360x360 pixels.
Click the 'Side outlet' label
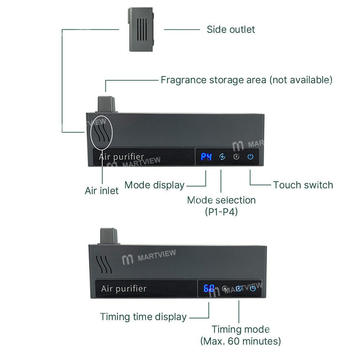point(230,29)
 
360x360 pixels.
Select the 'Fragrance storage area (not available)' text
point(246,80)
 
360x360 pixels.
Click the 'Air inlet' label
point(102,190)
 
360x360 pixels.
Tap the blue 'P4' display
point(206,157)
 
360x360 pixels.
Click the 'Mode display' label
point(154,185)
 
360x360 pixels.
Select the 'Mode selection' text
point(221,200)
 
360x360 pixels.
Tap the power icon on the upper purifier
point(251,157)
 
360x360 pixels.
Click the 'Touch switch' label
point(303,185)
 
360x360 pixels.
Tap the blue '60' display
point(209,288)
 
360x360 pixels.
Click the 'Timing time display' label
point(143,317)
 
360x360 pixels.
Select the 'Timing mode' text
point(240,329)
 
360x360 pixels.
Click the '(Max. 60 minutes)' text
point(240,341)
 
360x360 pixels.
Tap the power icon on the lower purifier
point(253,288)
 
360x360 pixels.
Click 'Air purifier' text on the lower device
point(124,288)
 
